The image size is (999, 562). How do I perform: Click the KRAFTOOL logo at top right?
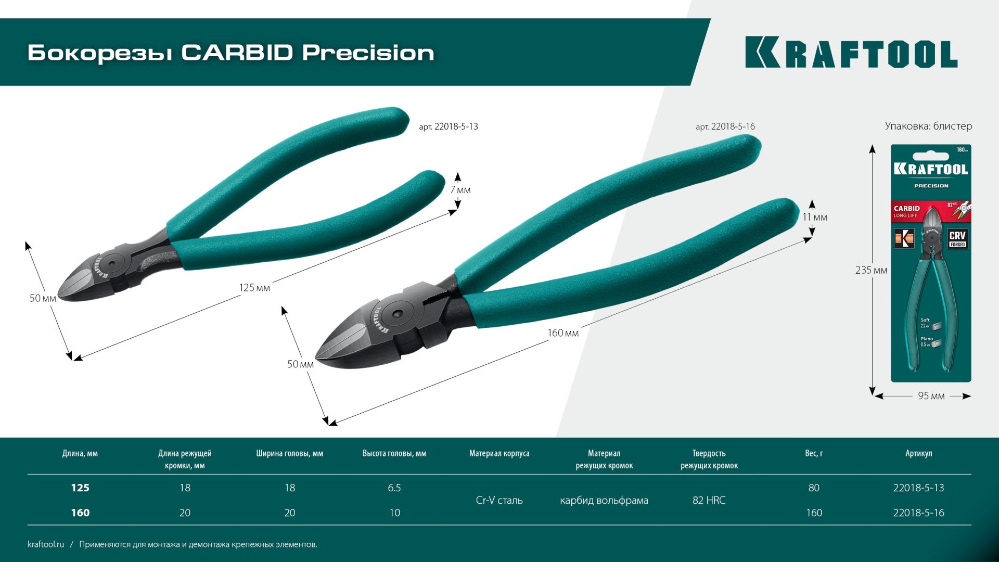[851, 53]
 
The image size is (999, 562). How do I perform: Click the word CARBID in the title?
[237, 53]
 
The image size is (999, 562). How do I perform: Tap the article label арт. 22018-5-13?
[448, 126]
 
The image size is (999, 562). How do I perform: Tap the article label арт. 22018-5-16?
[725, 126]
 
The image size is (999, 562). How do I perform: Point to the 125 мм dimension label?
[254, 288]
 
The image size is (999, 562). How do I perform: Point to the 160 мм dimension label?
[562, 333]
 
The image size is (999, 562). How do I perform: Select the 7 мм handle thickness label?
[460, 190]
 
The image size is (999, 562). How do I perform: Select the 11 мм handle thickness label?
[814, 217]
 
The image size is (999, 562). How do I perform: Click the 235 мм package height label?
[870, 270]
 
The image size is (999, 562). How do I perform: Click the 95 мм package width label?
[931, 396]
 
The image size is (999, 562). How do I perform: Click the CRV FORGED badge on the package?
[957, 238]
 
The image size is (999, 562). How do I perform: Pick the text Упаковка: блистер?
[928, 126]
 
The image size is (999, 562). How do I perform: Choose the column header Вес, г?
[814, 453]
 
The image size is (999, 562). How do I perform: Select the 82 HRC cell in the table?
[709, 500]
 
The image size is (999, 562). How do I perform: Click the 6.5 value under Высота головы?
[394, 488]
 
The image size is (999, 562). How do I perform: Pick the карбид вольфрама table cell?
[604, 500]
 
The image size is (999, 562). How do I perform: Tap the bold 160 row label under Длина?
[80, 513]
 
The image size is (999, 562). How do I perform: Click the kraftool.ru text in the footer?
[46, 544]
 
